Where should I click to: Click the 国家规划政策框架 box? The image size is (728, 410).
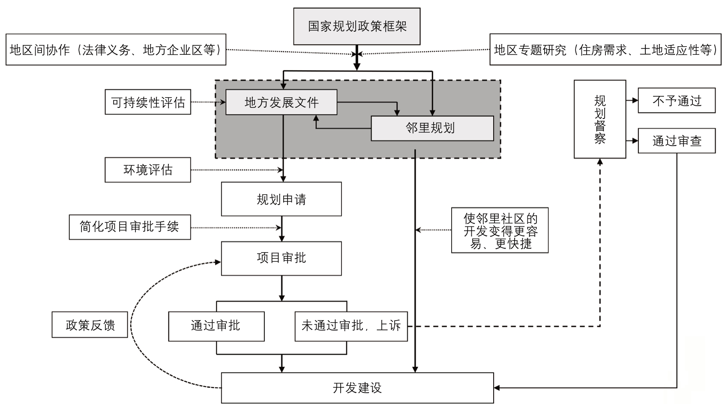pos(357,26)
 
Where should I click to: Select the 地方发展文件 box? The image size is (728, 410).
pos(281,102)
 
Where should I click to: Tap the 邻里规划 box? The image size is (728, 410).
pos(432,128)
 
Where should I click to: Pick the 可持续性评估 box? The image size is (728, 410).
pos(148,102)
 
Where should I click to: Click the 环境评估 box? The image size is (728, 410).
pos(148,170)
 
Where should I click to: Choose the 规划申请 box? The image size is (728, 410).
pos(281,199)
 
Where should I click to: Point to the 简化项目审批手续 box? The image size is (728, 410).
pos(130,227)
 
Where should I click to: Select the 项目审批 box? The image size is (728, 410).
pos(281,258)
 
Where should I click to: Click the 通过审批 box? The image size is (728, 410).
pos(216,326)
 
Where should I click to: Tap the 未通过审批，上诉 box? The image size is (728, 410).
pos(351,326)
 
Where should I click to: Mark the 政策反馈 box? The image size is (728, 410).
pos(90,325)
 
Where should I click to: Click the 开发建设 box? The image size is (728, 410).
pos(357,388)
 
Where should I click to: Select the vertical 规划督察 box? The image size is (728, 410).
pos(599,119)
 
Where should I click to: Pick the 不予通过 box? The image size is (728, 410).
pos(676,101)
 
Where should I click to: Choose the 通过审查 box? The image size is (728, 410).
pos(676,141)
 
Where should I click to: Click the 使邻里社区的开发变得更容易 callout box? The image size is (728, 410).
pos(500,230)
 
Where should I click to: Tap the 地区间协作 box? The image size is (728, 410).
pos(116,50)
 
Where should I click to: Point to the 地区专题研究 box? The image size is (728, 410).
pos(605,50)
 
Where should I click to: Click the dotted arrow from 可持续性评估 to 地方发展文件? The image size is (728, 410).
pos(208,102)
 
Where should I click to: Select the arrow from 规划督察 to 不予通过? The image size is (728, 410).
pos(632,101)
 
